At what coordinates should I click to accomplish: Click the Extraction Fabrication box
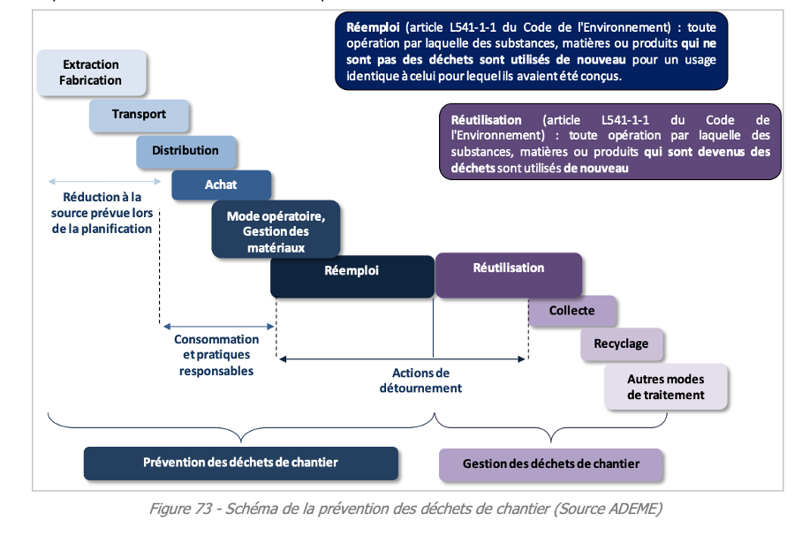point(90,72)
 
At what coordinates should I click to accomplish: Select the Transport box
point(139,115)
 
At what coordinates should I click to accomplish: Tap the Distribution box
point(185,151)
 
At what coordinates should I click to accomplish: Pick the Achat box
point(221,185)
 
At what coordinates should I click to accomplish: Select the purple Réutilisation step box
point(508,273)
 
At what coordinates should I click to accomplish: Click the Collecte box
point(571,311)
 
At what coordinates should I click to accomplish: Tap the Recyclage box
point(621,343)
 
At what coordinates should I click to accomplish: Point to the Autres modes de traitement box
point(666,387)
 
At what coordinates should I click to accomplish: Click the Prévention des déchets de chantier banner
point(240,463)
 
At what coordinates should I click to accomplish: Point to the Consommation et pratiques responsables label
point(216,355)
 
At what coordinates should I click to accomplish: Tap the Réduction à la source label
point(102,213)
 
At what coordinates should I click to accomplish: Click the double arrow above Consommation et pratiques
point(217,325)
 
